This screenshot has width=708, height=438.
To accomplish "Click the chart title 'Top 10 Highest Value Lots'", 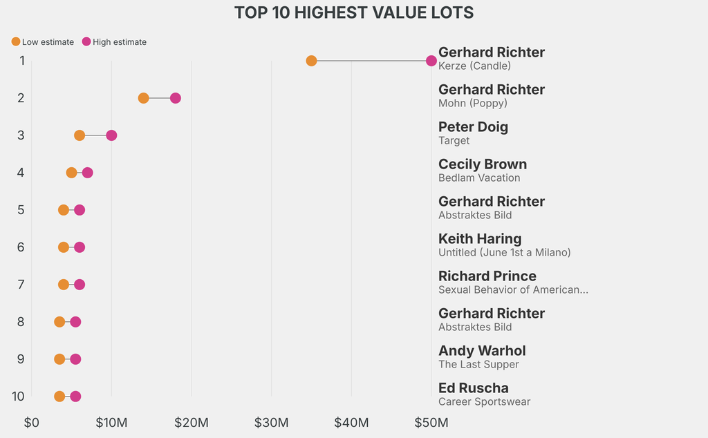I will tap(354, 12).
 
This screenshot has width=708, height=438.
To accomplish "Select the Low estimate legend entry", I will tap(43, 42).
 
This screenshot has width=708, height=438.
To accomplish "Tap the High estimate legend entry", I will tap(114, 42).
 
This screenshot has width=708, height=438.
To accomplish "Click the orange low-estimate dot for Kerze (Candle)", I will tap(311, 61).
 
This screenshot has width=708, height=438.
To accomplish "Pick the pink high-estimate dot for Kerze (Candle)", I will tap(431, 61).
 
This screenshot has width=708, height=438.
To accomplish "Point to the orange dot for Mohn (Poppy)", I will tap(143, 98).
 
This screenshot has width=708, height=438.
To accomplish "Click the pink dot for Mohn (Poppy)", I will tap(176, 98).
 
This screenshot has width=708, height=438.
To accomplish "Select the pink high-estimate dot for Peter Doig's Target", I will tap(111, 135).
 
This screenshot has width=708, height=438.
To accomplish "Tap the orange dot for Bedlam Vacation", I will tap(71, 173).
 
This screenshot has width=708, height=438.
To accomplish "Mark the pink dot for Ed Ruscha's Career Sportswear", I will tap(75, 397).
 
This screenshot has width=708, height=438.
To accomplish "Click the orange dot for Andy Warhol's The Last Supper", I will tap(59, 359).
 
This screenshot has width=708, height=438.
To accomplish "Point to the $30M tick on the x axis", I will tap(271, 422).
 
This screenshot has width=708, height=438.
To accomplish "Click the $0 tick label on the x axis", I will tap(31, 422).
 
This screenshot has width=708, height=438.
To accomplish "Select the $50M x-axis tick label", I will tap(431, 422).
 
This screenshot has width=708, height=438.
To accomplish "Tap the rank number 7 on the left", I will tap(21, 285).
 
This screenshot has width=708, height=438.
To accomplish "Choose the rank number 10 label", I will tap(19, 397).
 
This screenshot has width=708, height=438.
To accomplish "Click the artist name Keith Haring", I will tap(480, 239).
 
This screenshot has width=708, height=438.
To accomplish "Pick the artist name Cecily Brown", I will tap(483, 164).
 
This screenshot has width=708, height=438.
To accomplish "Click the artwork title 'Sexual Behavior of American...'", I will tap(513, 290).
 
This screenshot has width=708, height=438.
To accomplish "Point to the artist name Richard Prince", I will tap(487, 276).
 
